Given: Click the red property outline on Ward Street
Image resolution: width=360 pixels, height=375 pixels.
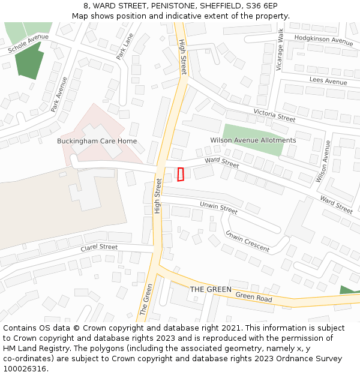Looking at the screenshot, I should (181, 174).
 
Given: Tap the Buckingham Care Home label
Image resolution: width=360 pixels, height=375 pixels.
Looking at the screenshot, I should (97, 141).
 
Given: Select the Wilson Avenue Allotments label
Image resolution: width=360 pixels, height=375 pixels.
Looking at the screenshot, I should (253, 140).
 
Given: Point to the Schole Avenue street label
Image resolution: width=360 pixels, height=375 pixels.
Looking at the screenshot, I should (29, 45).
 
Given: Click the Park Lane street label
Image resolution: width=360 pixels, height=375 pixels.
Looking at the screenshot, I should (125, 46).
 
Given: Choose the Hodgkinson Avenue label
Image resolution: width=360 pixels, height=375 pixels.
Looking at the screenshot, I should (323, 40).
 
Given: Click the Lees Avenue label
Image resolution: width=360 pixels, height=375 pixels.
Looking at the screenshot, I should (328, 81).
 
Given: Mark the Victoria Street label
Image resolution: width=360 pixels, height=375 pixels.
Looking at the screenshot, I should (274, 115).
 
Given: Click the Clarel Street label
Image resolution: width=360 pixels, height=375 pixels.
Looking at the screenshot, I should (99, 247).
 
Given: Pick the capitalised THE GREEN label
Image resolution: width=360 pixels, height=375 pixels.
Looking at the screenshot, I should (211, 289).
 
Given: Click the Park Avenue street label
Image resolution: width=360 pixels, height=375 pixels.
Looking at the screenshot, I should (59, 94).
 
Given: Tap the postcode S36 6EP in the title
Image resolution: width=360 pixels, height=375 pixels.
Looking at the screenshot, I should (261, 5).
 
